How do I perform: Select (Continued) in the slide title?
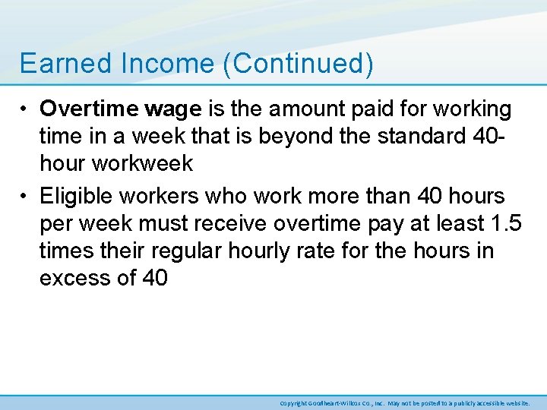point(298,65)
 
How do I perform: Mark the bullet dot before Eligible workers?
point(26,197)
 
